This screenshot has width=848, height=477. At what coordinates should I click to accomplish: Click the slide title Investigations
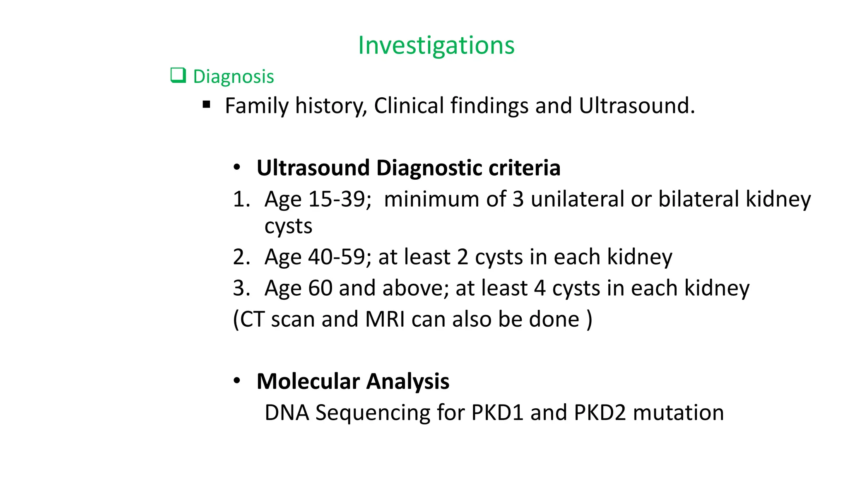(436, 45)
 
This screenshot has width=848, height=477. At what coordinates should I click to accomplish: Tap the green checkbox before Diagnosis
(178, 76)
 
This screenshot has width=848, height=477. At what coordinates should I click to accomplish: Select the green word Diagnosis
(234, 77)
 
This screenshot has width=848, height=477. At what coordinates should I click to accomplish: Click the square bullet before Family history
(207, 105)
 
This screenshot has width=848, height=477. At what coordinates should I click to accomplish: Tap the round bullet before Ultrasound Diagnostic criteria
(237, 168)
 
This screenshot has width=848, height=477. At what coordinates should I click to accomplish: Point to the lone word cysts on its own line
(288, 226)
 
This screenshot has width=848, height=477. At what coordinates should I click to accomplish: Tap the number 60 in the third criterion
(320, 288)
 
